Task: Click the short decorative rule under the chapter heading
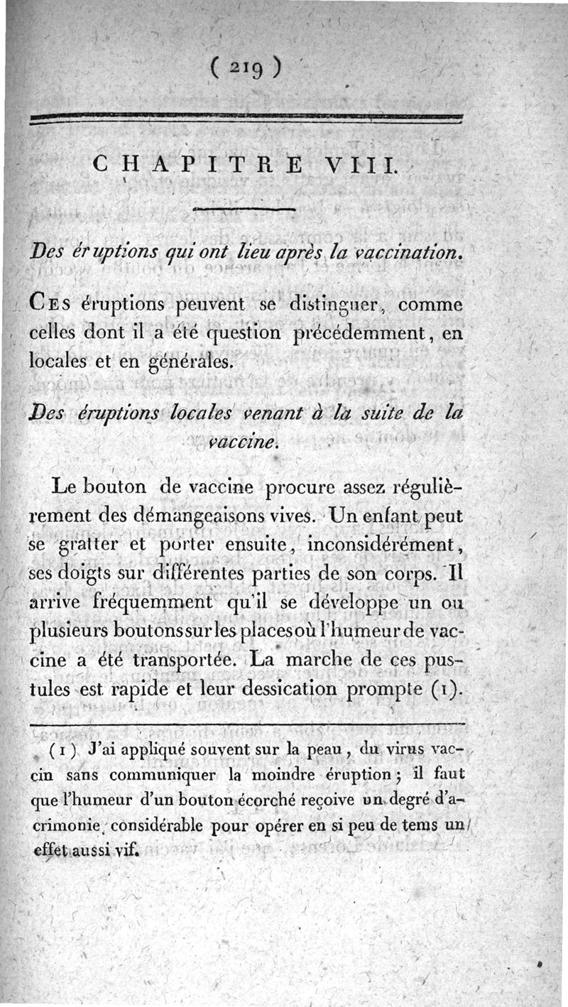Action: pyautogui.click(x=243, y=209)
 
